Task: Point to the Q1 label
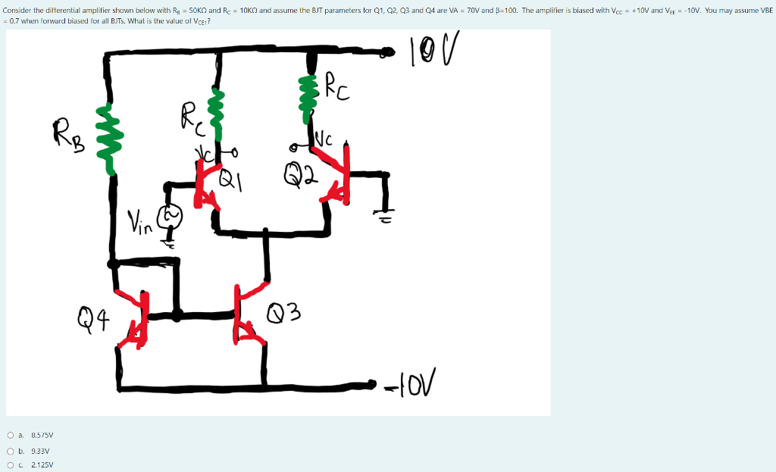(x=229, y=180)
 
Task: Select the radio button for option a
(x=10, y=435)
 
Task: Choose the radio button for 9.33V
(x=10, y=450)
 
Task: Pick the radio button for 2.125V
(x=10, y=465)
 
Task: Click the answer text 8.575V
(x=42, y=435)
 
